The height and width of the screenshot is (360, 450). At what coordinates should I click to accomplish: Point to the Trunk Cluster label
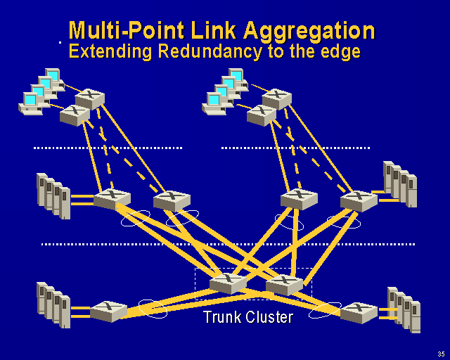tap(247, 317)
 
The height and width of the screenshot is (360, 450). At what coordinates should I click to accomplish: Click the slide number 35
tap(440, 353)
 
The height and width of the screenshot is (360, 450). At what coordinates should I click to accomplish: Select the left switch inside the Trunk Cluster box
tap(228, 283)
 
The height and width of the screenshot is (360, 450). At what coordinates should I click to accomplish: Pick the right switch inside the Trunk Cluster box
tap(285, 284)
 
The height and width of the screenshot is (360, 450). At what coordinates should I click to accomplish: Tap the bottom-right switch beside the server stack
tap(359, 312)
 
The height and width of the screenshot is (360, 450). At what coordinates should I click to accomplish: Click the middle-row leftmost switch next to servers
tap(112, 198)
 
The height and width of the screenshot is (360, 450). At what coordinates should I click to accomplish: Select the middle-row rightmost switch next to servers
tap(359, 200)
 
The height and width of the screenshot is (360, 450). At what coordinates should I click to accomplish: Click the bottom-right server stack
tap(404, 309)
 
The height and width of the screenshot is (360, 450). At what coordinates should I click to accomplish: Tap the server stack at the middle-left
tap(53, 195)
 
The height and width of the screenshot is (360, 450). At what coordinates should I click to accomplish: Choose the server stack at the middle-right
tap(400, 184)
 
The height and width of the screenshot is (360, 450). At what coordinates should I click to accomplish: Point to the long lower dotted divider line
tap(229, 244)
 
